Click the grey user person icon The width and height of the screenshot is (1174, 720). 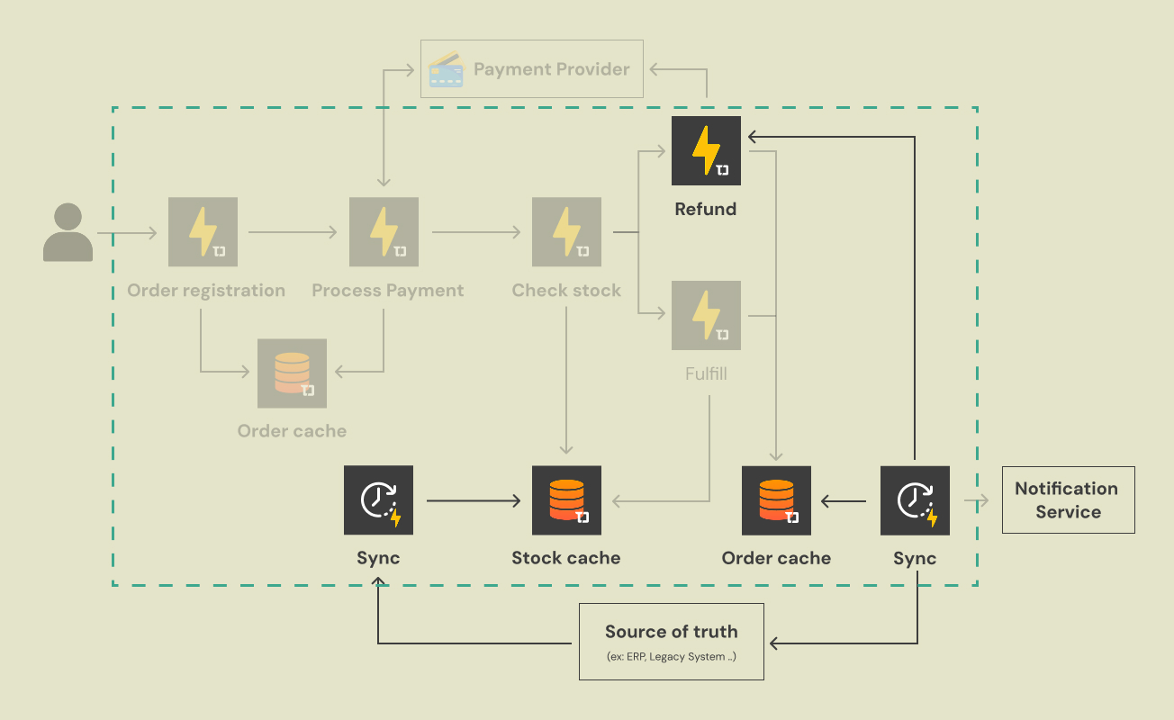tap(68, 232)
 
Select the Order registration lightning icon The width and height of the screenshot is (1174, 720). tap(203, 232)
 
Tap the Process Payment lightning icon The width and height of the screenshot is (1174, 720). tap(384, 232)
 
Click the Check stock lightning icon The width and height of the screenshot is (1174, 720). tap(566, 232)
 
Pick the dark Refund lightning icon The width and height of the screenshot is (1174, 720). tap(706, 150)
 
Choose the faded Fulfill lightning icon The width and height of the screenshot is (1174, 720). tap(706, 315)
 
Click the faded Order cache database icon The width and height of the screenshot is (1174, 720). tap(292, 373)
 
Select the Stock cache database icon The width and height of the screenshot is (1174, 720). tap(566, 500)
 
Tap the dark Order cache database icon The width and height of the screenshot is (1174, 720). tap(776, 500)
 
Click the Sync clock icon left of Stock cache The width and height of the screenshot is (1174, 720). tap(378, 500)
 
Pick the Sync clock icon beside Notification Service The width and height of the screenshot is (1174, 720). tap(915, 500)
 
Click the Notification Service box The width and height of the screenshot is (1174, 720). tap(1068, 500)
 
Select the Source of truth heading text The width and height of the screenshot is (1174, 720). tap(671, 632)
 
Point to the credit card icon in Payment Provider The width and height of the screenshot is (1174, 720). tap(447, 69)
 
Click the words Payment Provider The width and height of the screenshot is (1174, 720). tap(551, 69)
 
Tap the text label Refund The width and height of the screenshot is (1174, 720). tap(706, 209)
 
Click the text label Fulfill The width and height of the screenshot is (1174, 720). tap(706, 373)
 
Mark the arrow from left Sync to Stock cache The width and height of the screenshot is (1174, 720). tap(474, 500)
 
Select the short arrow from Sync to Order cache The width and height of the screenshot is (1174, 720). tap(844, 500)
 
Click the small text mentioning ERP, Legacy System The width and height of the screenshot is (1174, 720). tap(672, 657)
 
